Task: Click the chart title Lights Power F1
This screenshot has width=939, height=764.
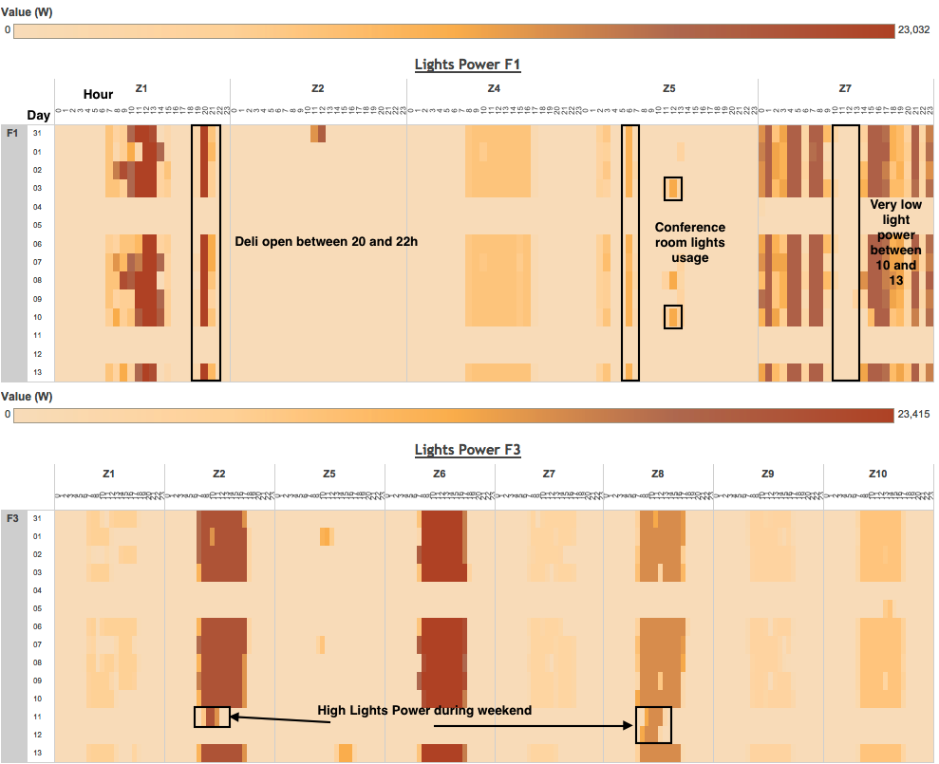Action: pos(467,65)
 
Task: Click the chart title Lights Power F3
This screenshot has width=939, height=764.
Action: pos(467,450)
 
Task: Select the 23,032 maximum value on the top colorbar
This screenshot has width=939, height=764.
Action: pos(915,30)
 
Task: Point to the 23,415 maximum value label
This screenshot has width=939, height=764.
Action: pos(915,415)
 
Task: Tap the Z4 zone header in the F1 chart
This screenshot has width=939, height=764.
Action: pos(494,88)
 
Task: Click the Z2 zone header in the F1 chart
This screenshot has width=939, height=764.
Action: pos(318,88)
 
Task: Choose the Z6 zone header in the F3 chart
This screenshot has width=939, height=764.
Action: pos(439,474)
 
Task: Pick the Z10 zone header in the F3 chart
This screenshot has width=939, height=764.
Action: pos(878,474)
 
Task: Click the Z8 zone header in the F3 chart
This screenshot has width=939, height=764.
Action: pos(658,474)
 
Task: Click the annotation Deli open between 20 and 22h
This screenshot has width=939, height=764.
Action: pos(327,242)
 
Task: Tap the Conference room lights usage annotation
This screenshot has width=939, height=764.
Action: pos(689,242)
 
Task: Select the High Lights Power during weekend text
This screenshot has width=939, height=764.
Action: pos(423,710)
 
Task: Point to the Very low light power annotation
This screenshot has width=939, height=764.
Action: pos(895,243)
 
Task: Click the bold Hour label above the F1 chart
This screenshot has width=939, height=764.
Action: pos(98,94)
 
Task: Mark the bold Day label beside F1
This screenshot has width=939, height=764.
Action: pos(38,115)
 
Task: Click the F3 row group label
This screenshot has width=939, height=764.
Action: pos(13,518)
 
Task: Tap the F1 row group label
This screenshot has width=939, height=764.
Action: pos(13,133)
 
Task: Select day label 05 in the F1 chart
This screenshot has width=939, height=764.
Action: pos(38,225)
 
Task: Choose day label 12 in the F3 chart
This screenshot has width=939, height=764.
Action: pos(38,736)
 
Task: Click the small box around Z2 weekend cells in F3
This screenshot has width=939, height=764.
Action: pos(212,717)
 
